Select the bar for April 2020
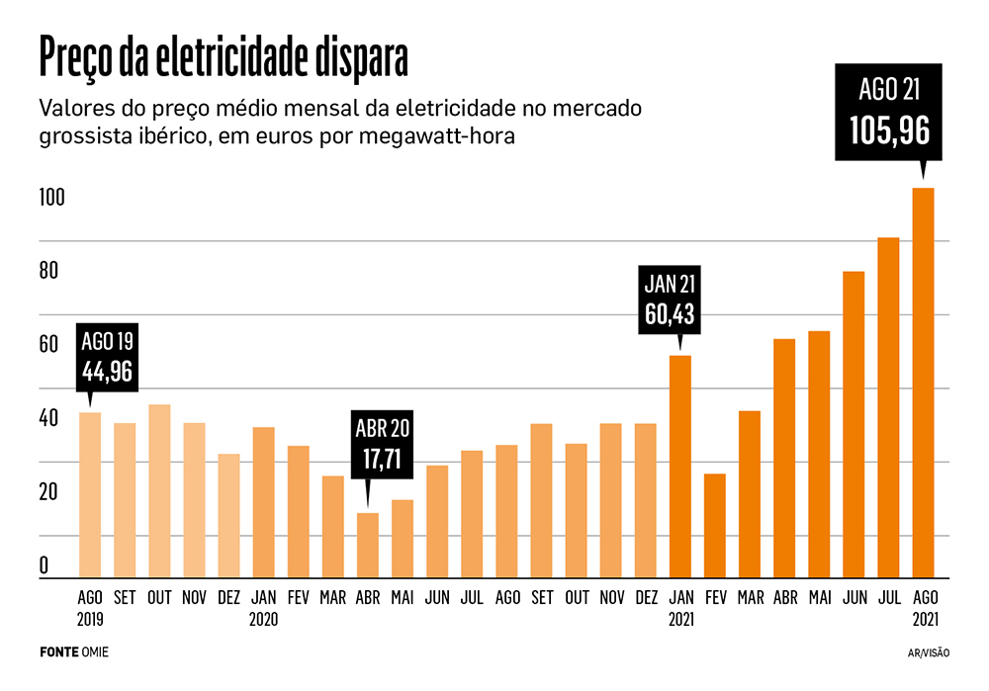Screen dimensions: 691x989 (x=368, y=545)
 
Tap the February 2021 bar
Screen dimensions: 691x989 (x=714, y=526)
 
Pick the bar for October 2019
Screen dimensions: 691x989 (x=159, y=491)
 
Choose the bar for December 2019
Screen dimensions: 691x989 (x=228, y=516)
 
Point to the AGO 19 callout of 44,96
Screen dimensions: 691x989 (x=107, y=356)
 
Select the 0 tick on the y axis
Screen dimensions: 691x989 (x=45, y=566)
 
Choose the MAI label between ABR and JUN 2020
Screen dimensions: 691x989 (x=403, y=598)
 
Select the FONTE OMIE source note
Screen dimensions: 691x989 (x=74, y=652)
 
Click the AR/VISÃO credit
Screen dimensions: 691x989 (x=928, y=653)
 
